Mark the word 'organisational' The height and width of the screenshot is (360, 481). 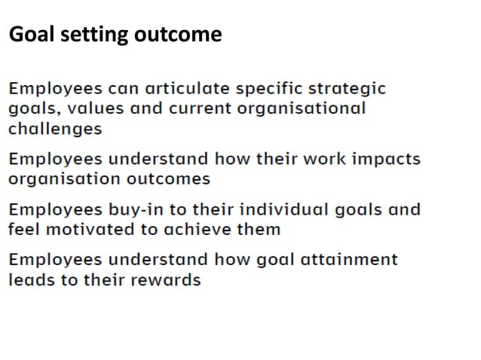tap(301, 108)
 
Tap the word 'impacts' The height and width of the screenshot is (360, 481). tap(385, 159)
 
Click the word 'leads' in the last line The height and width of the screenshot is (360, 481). tap(31, 279)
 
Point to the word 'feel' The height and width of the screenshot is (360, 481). tap(23, 229)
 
